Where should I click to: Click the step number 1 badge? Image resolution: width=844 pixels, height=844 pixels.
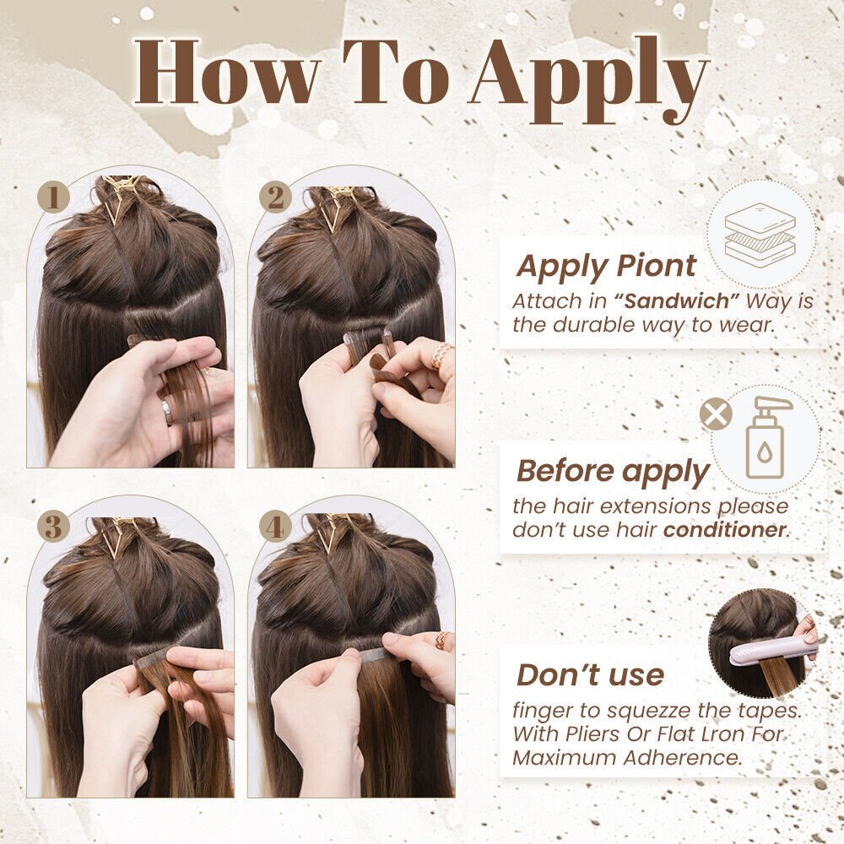pos(53,197)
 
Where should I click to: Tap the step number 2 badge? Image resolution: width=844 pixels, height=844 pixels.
pos(275,197)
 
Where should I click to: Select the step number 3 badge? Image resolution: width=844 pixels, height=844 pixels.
pos(53,526)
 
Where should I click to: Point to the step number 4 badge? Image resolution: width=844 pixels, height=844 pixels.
pos(275,526)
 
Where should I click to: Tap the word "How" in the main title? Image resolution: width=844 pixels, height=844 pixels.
pos(227,72)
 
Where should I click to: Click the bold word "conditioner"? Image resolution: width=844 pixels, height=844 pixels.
pos(724,530)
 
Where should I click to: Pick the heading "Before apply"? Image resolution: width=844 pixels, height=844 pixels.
pos(613,472)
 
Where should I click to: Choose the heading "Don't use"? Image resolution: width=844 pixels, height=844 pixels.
pos(590,675)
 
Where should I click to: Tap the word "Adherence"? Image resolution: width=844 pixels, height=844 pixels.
pos(682,757)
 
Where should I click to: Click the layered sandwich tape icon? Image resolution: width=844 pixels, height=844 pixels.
pos(760,235)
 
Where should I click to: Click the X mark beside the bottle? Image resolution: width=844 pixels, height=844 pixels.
pos(716,414)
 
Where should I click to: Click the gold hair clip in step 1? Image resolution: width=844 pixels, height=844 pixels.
pos(121,195)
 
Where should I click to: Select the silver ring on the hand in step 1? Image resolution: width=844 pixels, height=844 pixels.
pos(167,413)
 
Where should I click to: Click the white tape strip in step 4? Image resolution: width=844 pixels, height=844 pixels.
pos(375,655)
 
